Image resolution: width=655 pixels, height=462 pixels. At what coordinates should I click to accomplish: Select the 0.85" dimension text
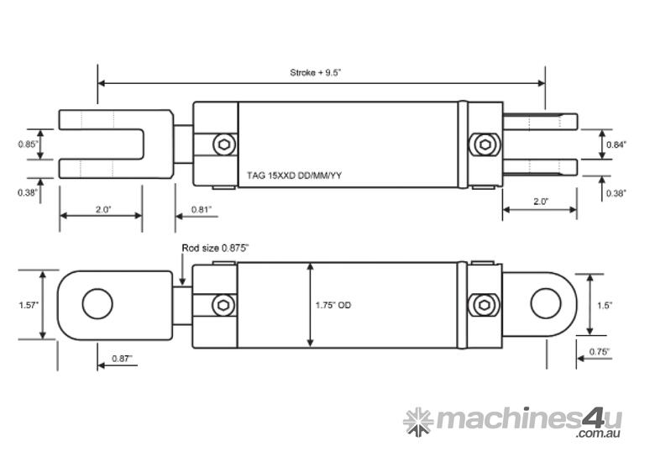click(27, 144)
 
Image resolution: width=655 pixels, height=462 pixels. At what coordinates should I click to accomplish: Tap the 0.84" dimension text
click(616, 144)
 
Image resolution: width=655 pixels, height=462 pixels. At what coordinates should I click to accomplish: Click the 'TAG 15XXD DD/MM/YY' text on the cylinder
click(293, 175)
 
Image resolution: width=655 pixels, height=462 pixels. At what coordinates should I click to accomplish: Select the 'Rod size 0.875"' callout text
click(216, 248)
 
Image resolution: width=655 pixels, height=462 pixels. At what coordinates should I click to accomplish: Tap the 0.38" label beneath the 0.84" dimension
click(616, 193)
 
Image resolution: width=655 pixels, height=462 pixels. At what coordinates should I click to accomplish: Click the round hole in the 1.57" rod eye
click(96, 304)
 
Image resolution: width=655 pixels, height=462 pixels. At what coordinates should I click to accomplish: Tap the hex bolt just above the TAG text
click(223, 144)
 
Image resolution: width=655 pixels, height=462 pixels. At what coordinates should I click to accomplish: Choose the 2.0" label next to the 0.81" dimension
click(102, 208)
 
